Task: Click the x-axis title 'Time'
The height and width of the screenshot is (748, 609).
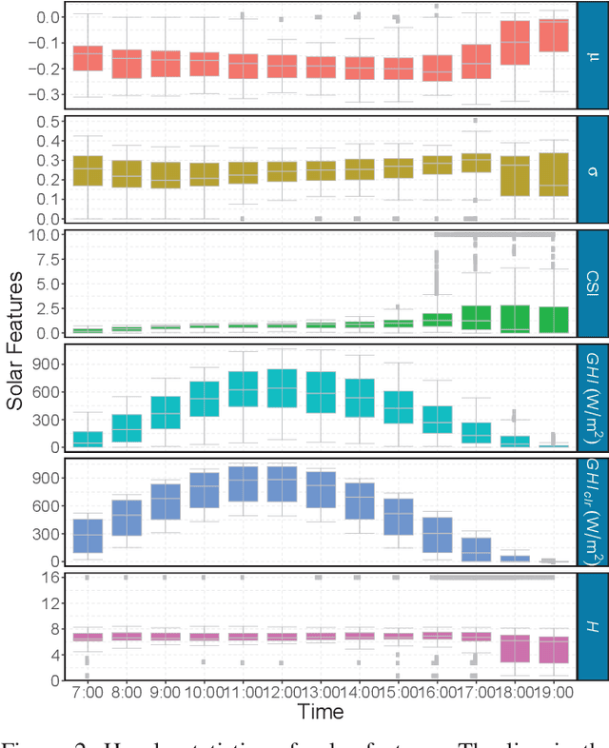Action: point(320,710)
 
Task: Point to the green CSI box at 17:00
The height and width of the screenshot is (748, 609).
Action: point(476,319)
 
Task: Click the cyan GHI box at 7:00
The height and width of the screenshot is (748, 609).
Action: point(88,439)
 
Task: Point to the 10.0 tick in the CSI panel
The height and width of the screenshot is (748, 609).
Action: point(45,234)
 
